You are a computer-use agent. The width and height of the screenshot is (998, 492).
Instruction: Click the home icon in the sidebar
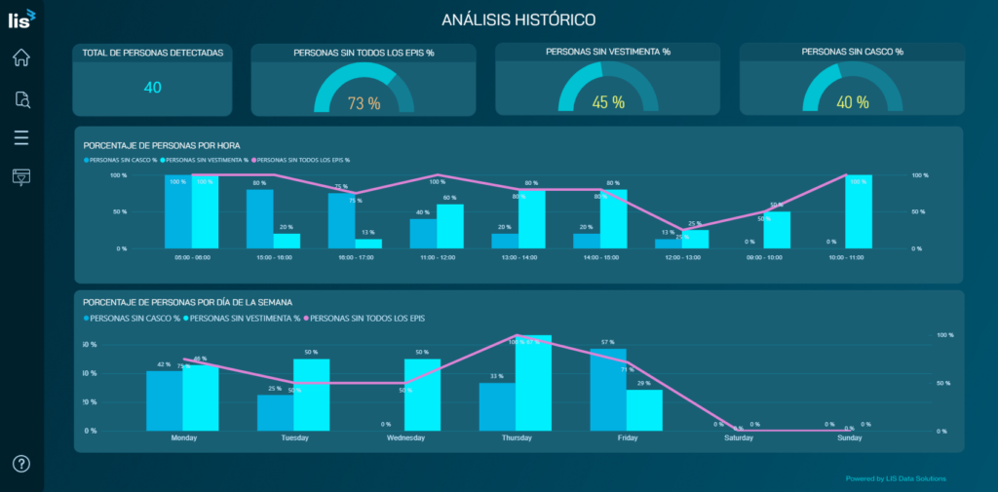tap(21, 57)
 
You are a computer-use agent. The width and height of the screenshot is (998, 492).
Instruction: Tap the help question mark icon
tap(21, 463)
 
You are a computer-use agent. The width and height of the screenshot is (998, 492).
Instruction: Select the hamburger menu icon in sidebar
tap(21, 137)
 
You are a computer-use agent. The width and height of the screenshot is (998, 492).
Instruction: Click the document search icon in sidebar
tap(21, 98)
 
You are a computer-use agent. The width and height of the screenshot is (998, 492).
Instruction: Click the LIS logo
tap(21, 17)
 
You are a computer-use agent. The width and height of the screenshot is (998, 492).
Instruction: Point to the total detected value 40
tap(152, 88)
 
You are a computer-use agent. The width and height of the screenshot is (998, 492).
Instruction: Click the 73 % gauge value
tap(364, 103)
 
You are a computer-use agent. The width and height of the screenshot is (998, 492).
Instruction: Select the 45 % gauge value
tap(607, 102)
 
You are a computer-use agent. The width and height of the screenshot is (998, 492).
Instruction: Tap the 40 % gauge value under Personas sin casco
tap(852, 102)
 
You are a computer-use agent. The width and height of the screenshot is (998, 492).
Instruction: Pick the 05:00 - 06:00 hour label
tap(191, 258)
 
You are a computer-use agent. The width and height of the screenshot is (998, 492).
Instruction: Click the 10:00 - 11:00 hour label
tap(845, 258)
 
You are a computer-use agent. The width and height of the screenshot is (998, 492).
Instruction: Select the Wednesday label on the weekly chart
tap(405, 438)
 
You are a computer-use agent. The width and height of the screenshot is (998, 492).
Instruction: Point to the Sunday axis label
tap(850, 438)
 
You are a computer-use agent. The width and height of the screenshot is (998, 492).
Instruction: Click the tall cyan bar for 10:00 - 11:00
tap(859, 211)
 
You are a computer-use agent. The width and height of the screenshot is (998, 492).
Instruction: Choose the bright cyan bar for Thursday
tap(533, 383)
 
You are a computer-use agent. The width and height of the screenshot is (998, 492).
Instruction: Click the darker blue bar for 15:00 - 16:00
tap(259, 218)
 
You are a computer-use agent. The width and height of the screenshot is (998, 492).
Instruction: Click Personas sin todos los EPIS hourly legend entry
tap(303, 160)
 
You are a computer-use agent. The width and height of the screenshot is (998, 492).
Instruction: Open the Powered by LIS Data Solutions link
tap(895, 478)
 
